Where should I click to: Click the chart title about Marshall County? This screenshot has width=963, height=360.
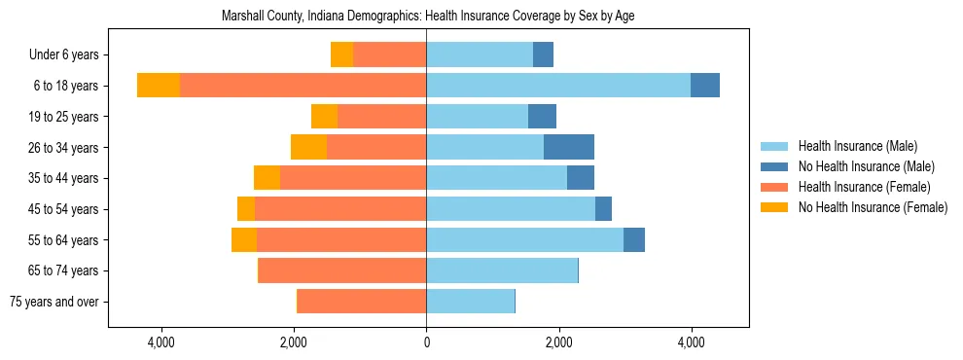[x=428, y=17]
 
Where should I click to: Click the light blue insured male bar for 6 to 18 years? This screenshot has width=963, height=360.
[x=557, y=86]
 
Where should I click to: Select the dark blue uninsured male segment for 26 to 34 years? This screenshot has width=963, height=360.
[x=568, y=147]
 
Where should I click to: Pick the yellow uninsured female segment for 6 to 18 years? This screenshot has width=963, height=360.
[x=159, y=86]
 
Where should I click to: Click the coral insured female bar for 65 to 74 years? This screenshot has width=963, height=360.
[x=341, y=270]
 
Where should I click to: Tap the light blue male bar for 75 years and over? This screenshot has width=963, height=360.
[x=470, y=302]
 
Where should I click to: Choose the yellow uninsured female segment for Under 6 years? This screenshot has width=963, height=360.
[x=341, y=54]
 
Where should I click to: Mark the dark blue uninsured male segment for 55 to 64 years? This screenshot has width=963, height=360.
[x=633, y=239]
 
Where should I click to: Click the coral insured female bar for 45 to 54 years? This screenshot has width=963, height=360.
[x=339, y=209]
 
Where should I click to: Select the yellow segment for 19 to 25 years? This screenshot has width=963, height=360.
[x=324, y=117]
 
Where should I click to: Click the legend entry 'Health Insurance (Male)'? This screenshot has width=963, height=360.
[x=857, y=146]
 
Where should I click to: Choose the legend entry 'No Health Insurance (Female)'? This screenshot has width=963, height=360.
[x=873, y=207]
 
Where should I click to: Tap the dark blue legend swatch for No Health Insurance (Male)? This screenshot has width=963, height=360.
[x=774, y=166]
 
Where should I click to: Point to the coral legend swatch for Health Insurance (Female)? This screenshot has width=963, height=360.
[x=774, y=187]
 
